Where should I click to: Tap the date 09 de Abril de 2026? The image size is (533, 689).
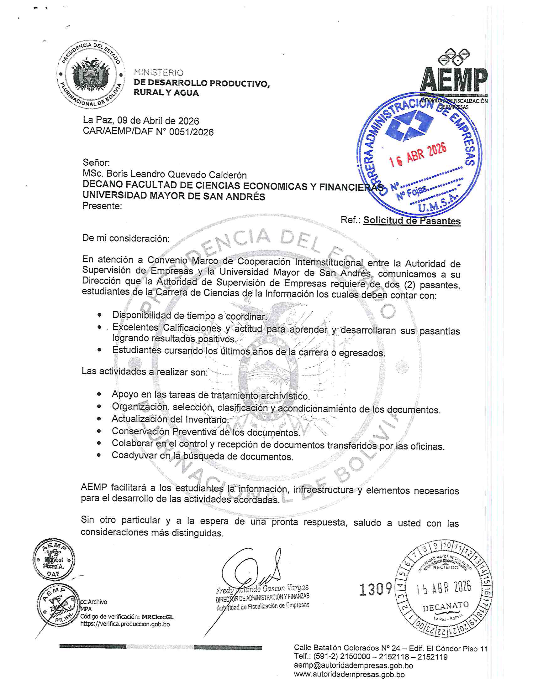coord(158,121)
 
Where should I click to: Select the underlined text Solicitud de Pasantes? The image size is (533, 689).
coord(411,220)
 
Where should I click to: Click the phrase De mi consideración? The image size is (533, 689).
coord(126,238)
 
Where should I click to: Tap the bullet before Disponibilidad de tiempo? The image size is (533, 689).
coord(100,315)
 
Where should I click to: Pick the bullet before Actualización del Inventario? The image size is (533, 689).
coord(99,419)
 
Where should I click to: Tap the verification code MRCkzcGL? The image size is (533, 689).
coord(158,617)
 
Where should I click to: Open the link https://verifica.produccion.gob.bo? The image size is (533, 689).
coord(125,624)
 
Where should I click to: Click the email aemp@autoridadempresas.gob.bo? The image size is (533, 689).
coord(353,666)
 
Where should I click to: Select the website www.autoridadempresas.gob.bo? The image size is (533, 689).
coord(349,675)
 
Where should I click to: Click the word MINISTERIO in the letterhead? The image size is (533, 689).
coord(159,73)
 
